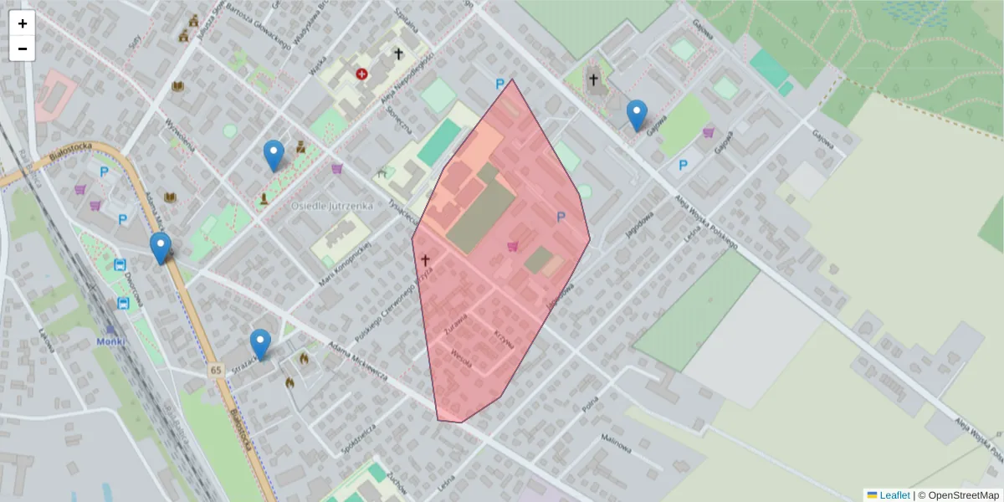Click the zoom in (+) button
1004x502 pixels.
coord(23,23)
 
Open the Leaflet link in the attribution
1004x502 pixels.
coord(894,495)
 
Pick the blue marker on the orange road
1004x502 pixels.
coord(161,248)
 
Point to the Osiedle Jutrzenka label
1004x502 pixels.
coord(332,205)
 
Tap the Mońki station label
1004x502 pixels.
coord(110,342)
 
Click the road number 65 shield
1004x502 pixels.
coord(216,370)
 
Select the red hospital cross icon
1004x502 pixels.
coord(361,74)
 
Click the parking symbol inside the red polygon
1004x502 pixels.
coord(561,218)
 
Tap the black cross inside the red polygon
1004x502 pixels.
coord(425,260)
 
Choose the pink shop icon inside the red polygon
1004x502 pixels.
coord(512,246)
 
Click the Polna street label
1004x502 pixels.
coord(591,404)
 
